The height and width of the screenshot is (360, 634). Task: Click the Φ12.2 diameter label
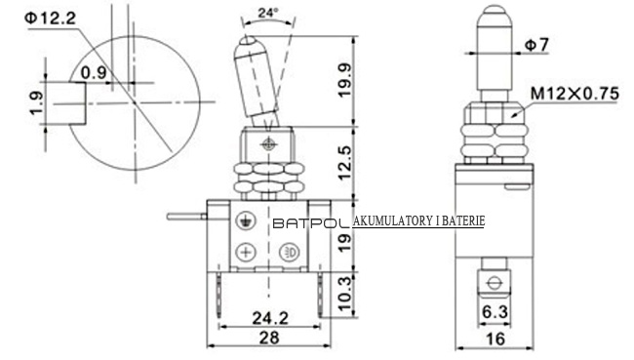tap(50, 19)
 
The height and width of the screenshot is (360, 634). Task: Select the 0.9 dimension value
tap(94, 73)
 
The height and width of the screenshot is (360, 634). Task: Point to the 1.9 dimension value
tap(36, 103)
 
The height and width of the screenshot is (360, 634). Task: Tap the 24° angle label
tap(268, 13)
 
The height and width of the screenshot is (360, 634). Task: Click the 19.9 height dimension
tap(345, 81)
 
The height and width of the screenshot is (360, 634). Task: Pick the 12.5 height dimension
tap(345, 163)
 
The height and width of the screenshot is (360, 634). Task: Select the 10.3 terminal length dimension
tap(345, 294)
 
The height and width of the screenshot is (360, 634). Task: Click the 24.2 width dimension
tap(270, 318)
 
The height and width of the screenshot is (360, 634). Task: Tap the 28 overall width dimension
tap(269, 338)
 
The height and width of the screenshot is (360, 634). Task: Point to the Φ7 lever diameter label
tap(536, 45)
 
